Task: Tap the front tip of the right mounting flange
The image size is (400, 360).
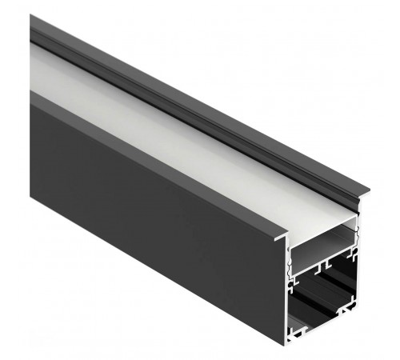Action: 368,190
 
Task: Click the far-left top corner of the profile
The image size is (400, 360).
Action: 31,17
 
